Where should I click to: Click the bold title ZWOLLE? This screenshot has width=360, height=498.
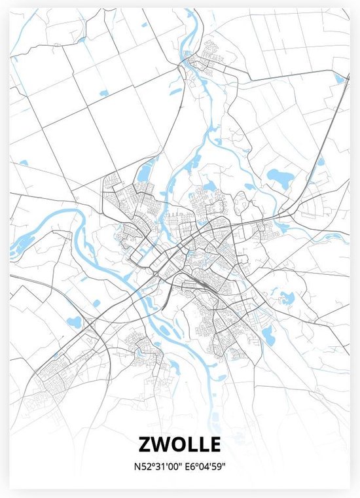click(x=179, y=445)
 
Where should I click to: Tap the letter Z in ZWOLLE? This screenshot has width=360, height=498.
click(x=145, y=445)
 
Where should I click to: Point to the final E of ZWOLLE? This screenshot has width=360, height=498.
click(x=213, y=445)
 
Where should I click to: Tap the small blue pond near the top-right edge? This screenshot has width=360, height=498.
click(x=339, y=79)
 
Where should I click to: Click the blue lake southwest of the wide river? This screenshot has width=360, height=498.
click(x=75, y=322)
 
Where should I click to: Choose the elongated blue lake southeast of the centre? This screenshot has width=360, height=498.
click(x=268, y=336)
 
